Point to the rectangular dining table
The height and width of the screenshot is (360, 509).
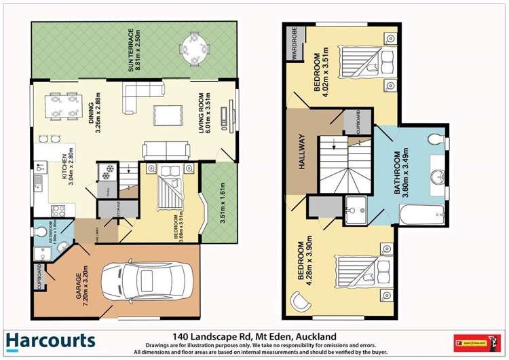point(62,106)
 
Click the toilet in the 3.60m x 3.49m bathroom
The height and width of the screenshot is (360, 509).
point(435,140)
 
